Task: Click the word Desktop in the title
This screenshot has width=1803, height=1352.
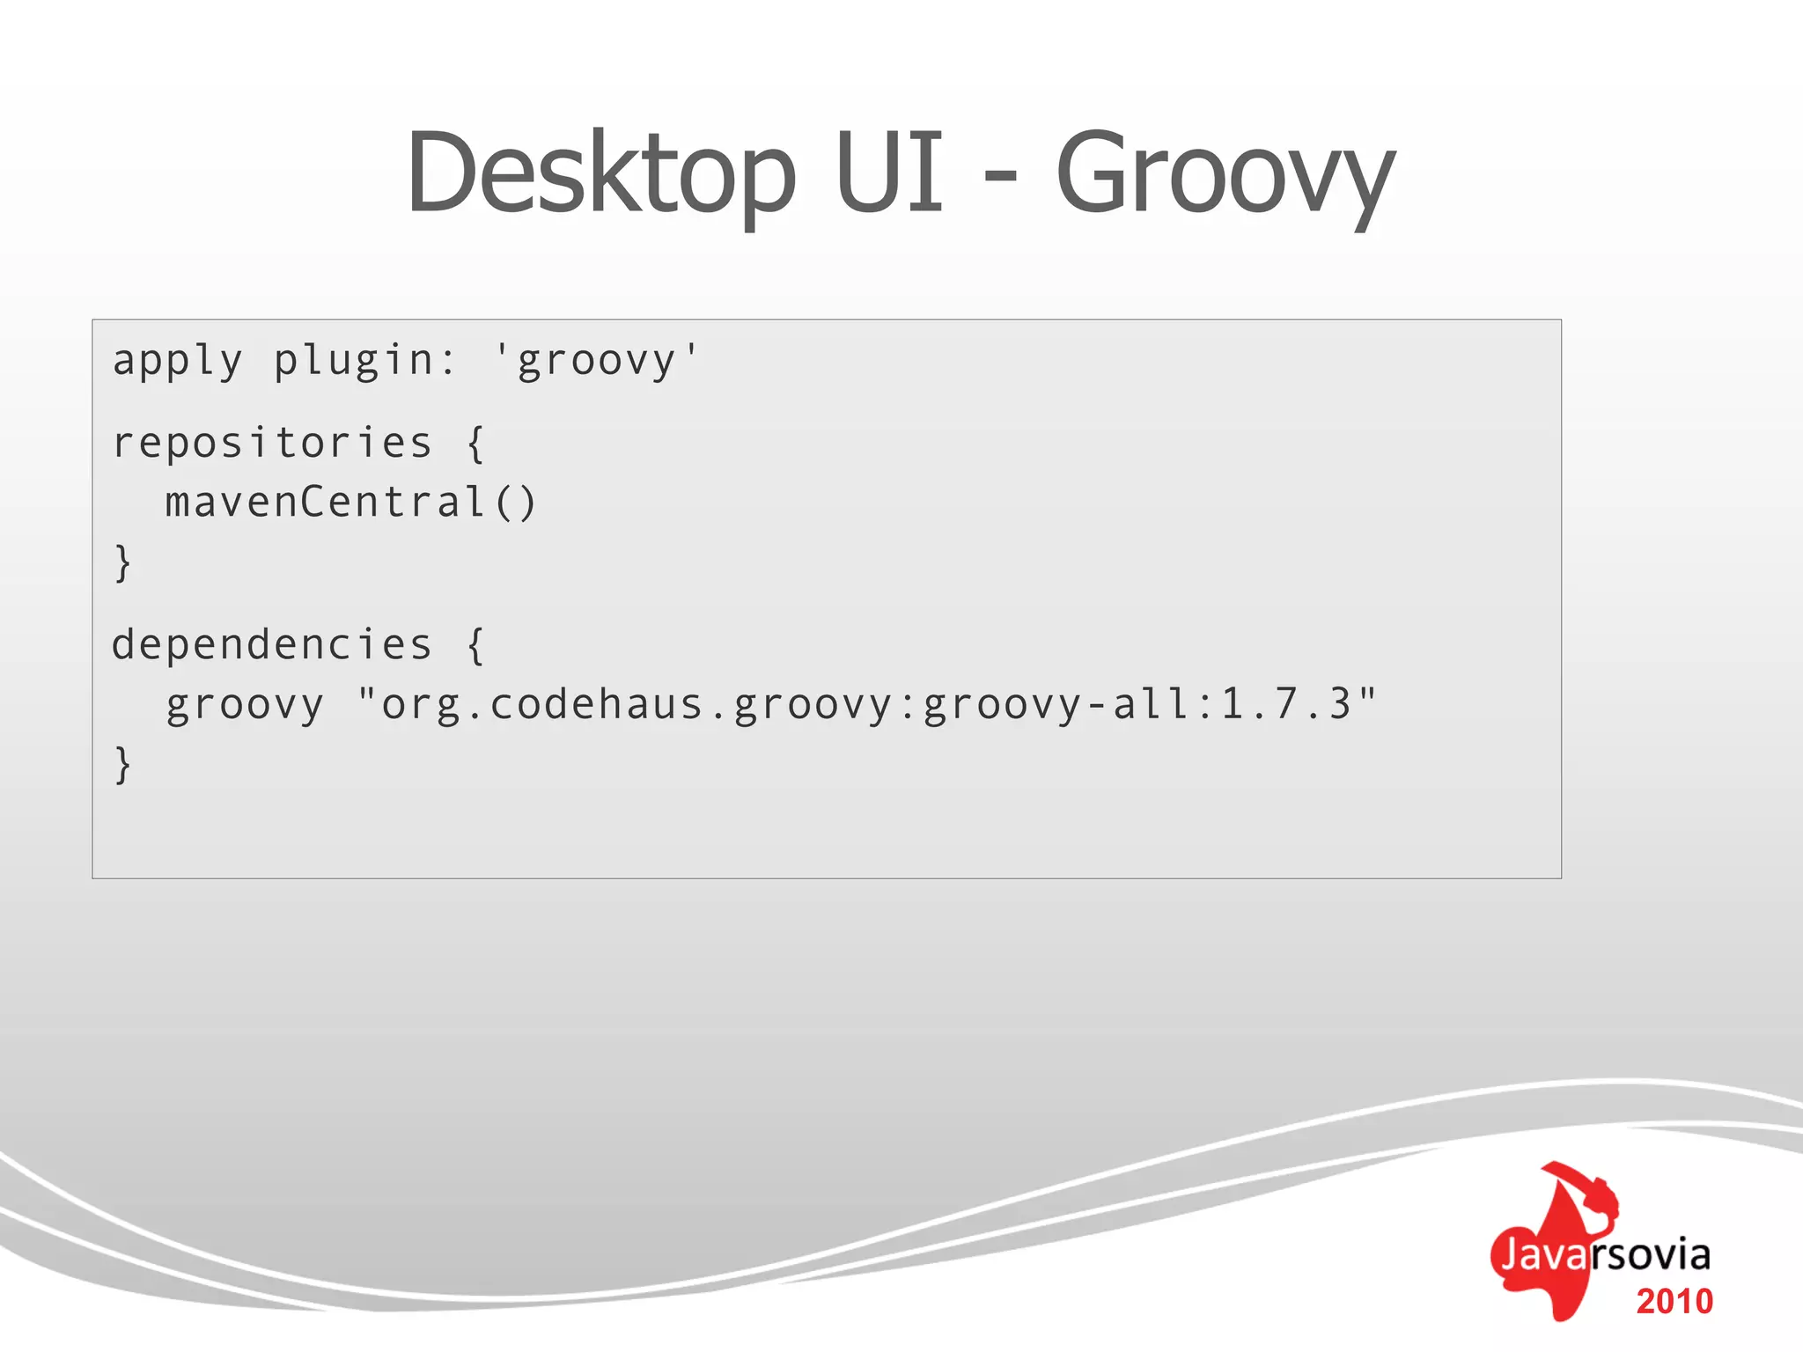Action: [x=601, y=173]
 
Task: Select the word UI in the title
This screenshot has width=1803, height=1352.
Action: [x=889, y=173]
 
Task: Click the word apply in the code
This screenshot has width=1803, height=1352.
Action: [x=177, y=362]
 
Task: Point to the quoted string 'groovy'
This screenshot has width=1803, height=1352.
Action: [x=596, y=362]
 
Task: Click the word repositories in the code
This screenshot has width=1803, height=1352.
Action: [x=272, y=443]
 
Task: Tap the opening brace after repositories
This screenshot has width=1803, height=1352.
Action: [x=475, y=444]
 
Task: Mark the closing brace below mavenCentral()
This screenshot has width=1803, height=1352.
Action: [x=123, y=563]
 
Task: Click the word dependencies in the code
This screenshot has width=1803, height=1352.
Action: [x=272, y=645]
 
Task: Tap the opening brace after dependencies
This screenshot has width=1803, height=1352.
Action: [x=475, y=645]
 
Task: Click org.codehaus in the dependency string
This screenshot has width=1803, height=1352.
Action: [x=541, y=705]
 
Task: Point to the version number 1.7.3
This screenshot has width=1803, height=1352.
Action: [x=1286, y=704]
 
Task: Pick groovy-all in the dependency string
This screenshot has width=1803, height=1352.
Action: [x=1056, y=705]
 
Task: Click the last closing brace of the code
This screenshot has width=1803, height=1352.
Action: [x=123, y=764]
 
